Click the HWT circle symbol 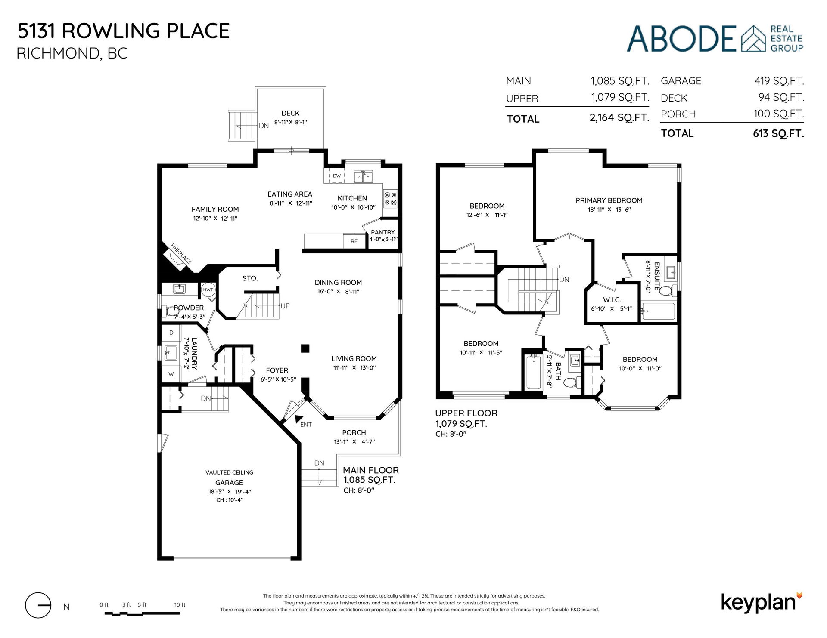pyautogui.click(x=208, y=290)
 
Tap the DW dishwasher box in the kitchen pyautogui.click(x=336, y=176)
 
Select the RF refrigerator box pyautogui.click(x=354, y=241)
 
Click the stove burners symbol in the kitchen pyautogui.click(x=391, y=198)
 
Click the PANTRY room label pyautogui.click(x=383, y=232)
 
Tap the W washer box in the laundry pyautogui.click(x=171, y=374)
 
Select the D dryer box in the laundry pyautogui.click(x=171, y=333)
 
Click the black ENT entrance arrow pyautogui.click(x=298, y=419)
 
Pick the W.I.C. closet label pyautogui.click(x=612, y=300)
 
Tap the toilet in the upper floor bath pyautogui.click(x=572, y=382)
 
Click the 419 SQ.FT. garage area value pyautogui.click(x=779, y=81)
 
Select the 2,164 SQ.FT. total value pyautogui.click(x=619, y=118)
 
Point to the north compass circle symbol pyautogui.click(x=38, y=605)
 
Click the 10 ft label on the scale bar pyautogui.click(x=180, y=604)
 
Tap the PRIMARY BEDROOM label pyautogui.click(x=609, y=200)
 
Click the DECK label pyautogui.click(x=290, y=113)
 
